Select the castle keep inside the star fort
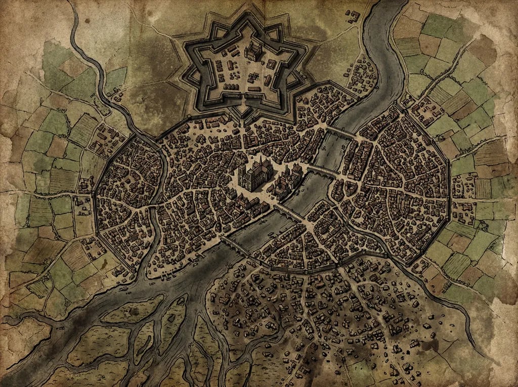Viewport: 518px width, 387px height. point(253,51)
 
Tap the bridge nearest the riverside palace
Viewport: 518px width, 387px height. point(321,171)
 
